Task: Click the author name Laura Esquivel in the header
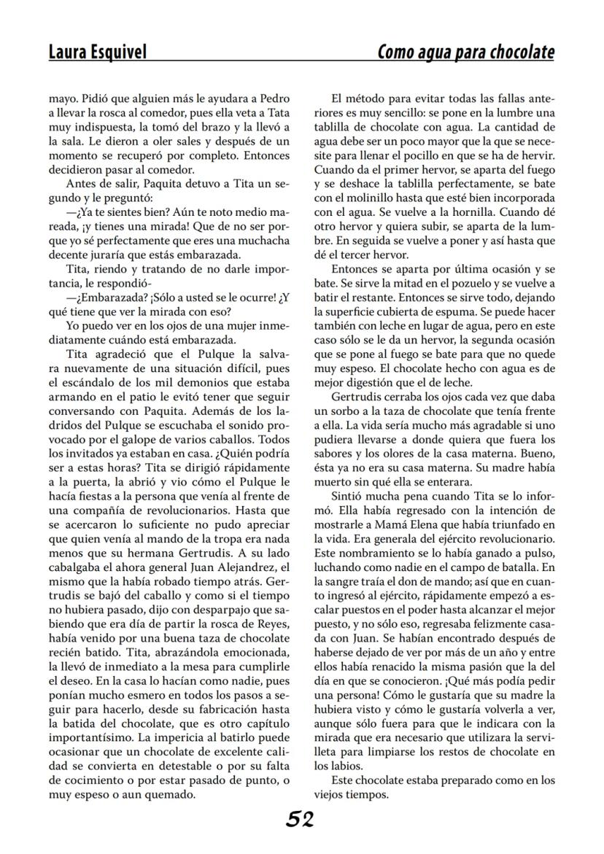[x=97, y=52]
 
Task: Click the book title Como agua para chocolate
[x=465, y=53]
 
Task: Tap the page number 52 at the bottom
[x=300, y=820]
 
